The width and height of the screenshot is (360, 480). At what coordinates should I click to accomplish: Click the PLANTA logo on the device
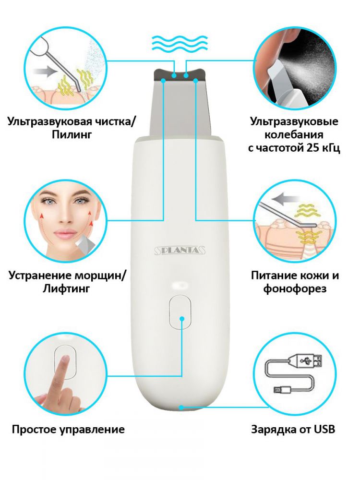(180, 251)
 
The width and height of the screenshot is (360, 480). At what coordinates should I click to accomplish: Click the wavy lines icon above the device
(180, 44)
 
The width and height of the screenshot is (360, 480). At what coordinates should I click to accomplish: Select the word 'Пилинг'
(72, 135)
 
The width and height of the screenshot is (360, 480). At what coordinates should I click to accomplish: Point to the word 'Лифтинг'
(66, 288)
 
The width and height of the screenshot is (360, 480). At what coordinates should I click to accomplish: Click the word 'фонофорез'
(295, 288)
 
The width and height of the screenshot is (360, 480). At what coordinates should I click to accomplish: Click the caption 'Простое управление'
(68, 430)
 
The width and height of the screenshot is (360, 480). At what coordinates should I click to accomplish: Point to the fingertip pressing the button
(64, 359)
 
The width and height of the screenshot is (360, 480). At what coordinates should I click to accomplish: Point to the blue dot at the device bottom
(181, 408)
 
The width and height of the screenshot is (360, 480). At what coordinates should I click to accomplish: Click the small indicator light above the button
(180, 285)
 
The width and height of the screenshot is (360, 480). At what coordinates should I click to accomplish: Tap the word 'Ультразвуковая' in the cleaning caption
(49, 122)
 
